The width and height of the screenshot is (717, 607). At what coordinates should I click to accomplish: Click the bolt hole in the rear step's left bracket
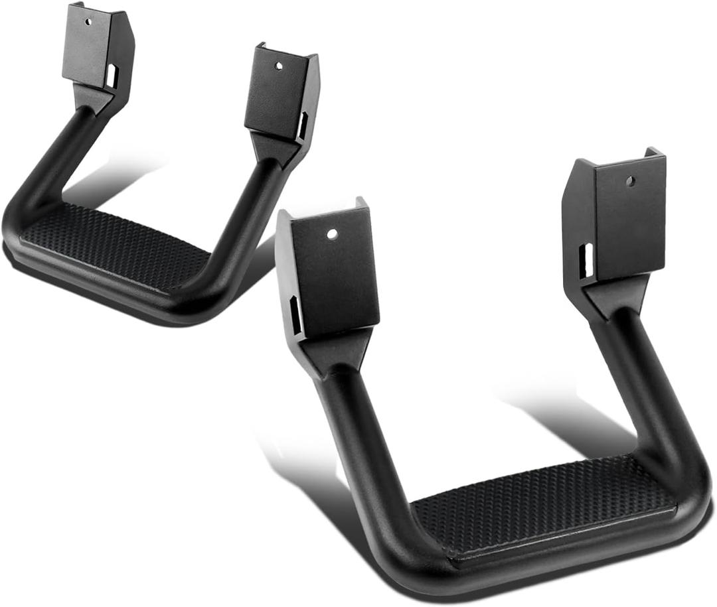click(87, 21)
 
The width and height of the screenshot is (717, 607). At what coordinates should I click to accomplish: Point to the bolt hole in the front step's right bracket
click(630, 180)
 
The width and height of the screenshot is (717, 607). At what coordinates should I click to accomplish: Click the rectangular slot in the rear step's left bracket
click(111, 76)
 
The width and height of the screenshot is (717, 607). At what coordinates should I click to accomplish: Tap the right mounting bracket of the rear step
click(279, 93)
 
